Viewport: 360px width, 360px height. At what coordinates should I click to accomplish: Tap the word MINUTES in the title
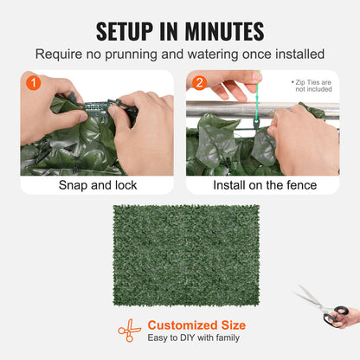tap(221, 31)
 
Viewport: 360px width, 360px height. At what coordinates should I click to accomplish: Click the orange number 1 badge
tap(33, 84)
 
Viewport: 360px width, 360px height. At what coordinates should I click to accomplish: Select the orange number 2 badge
tap(199, 84)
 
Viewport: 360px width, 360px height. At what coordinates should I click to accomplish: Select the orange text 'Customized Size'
tap(196, 325)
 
